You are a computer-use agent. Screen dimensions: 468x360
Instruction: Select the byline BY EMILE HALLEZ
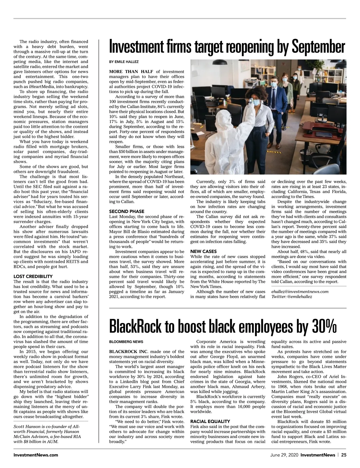point(124,62)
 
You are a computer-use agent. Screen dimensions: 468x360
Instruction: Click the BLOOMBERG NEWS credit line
point(126,342)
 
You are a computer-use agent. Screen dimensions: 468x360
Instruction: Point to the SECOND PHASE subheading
point(127,211)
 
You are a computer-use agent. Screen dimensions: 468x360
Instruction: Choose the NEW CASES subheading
point(203,251)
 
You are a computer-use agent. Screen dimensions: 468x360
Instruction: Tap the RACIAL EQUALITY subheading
point(210,421)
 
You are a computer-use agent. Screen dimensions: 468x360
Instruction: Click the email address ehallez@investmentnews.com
point(300,292)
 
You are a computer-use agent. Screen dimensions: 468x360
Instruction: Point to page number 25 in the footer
point(343,455)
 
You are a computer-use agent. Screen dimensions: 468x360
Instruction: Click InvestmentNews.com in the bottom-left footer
point(36,455)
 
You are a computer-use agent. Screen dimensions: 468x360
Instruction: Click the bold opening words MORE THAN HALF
point(131,72)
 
